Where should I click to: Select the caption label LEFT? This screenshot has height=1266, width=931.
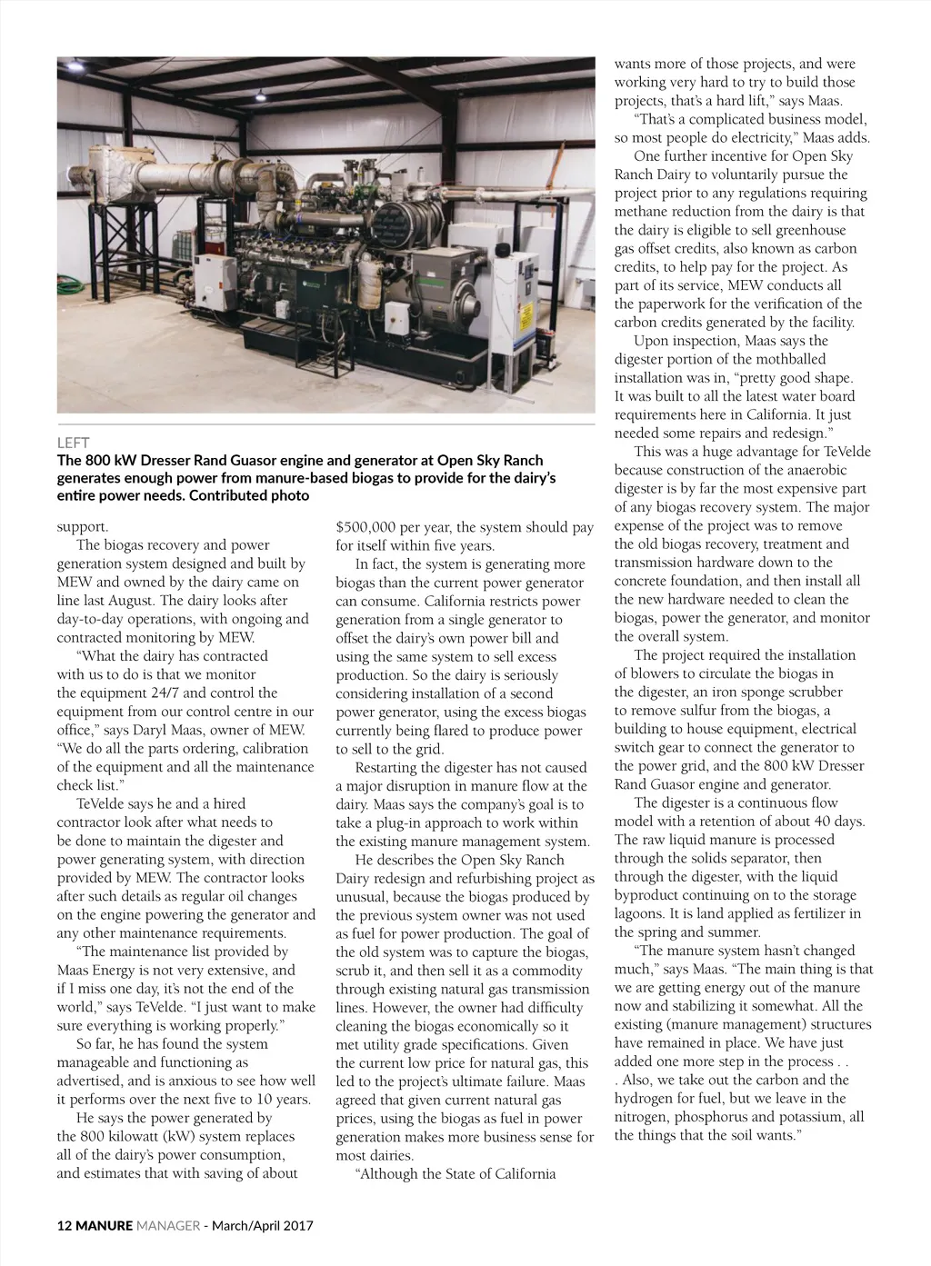[x=74, y=443]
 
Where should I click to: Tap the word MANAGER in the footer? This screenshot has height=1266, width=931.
[x=168, y=1225]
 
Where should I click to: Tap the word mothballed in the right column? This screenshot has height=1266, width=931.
[x=793, y=359]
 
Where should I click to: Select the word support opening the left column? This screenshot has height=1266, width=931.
[x=82, y=527]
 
